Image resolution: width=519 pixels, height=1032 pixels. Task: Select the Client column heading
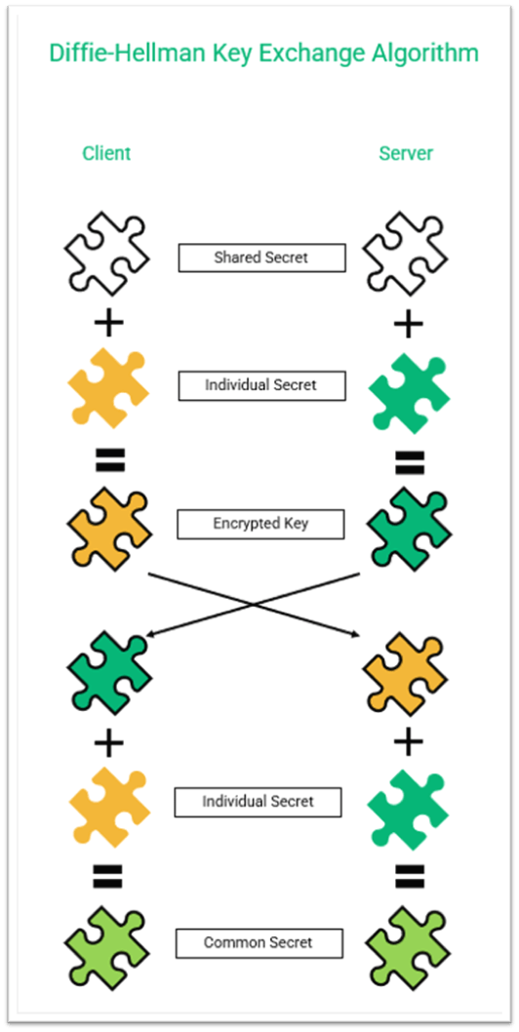click(x=106, y=153)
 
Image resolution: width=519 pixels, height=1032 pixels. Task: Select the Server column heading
click(x=406, y=153)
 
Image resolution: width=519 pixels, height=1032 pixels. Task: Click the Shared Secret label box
click(x=260, y=258)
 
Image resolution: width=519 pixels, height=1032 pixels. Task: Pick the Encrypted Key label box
click(x=260, y=524)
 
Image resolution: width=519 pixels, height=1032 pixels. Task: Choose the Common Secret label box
click(x=259, y=943)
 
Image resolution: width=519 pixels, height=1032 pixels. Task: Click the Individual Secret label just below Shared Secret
click(x=260, y=385)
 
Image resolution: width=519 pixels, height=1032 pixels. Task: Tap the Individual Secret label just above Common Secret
click(x=259, y=802)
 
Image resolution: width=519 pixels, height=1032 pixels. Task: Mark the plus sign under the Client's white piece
click(x=109, y=323)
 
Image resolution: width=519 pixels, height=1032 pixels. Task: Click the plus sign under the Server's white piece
click(x=408, y=323)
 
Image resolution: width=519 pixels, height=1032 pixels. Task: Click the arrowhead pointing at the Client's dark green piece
click(x=148, y=636)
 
